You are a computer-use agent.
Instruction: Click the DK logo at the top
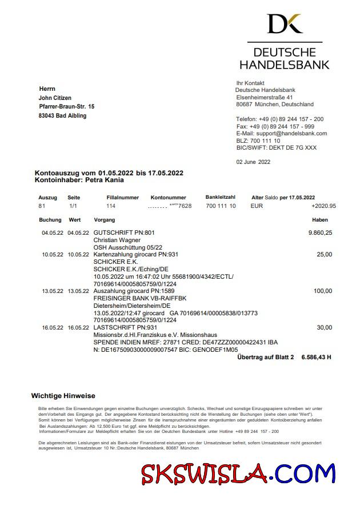click(x=285, y=23)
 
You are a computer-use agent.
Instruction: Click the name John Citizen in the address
click(x=55, y=98)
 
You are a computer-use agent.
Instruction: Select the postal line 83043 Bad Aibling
click(x=63, y=115)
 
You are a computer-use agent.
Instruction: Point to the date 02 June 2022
click(x=253, y=162)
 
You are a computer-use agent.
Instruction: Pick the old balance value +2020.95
click(x=323, y=206)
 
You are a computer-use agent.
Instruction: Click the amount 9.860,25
click(x=320, y=232)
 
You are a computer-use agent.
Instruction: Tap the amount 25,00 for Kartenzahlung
click(x=324, y=254)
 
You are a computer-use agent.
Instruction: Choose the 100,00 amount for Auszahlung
click(x=322, y=291)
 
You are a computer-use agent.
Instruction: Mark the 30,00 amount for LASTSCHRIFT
click(x=324, y=328)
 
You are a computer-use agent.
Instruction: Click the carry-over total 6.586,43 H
click(x=315, y=357)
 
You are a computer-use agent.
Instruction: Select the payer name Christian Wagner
click(x=117, y=240)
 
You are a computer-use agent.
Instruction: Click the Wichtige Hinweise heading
click(x=63, y=396)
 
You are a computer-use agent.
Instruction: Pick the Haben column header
click(x=320, y=220)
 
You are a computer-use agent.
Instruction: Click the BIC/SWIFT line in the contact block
click(x=276, y=147)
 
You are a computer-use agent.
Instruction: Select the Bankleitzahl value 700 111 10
click(x=221, y=206)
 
